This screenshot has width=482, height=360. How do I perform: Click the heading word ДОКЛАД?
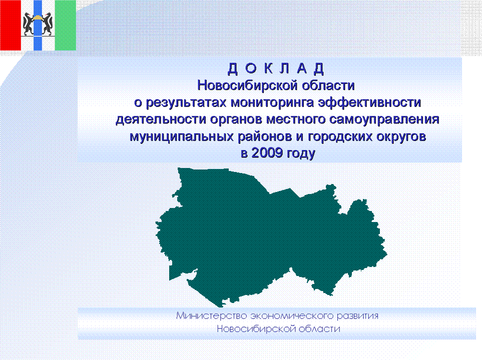[276, 68]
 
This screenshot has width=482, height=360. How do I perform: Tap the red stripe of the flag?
[11, 25]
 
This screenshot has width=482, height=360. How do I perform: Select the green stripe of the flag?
[66, 25]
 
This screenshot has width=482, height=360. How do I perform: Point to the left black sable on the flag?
[29, 23]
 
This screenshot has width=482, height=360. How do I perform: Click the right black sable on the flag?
[47, 23]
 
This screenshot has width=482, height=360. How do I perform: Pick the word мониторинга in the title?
[272, 102]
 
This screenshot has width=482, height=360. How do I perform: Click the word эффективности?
[369, 102]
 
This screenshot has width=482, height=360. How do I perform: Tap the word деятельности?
[161, 119]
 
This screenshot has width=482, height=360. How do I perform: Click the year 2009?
[267, 152]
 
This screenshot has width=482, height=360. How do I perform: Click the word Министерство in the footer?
[212, 315]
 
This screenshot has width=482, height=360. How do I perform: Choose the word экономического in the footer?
[292, 316]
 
